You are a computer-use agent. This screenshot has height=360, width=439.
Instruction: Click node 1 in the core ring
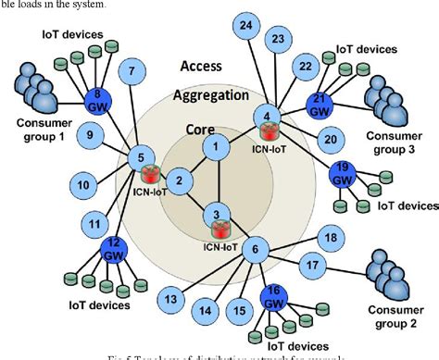click(216, 145)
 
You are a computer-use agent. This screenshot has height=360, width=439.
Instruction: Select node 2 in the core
click(182, 180)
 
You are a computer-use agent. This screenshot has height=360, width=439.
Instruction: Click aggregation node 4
click(268, 117)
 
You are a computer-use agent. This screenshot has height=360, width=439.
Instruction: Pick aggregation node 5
click(141, 156)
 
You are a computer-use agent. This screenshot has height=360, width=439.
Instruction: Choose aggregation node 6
click(257, 247)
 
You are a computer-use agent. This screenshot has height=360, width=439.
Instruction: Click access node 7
click(133, 70)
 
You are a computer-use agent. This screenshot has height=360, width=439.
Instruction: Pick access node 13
click(170, 299)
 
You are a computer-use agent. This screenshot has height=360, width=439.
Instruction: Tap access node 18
click(329, 238)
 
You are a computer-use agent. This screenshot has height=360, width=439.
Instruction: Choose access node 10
click(84, 186)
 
